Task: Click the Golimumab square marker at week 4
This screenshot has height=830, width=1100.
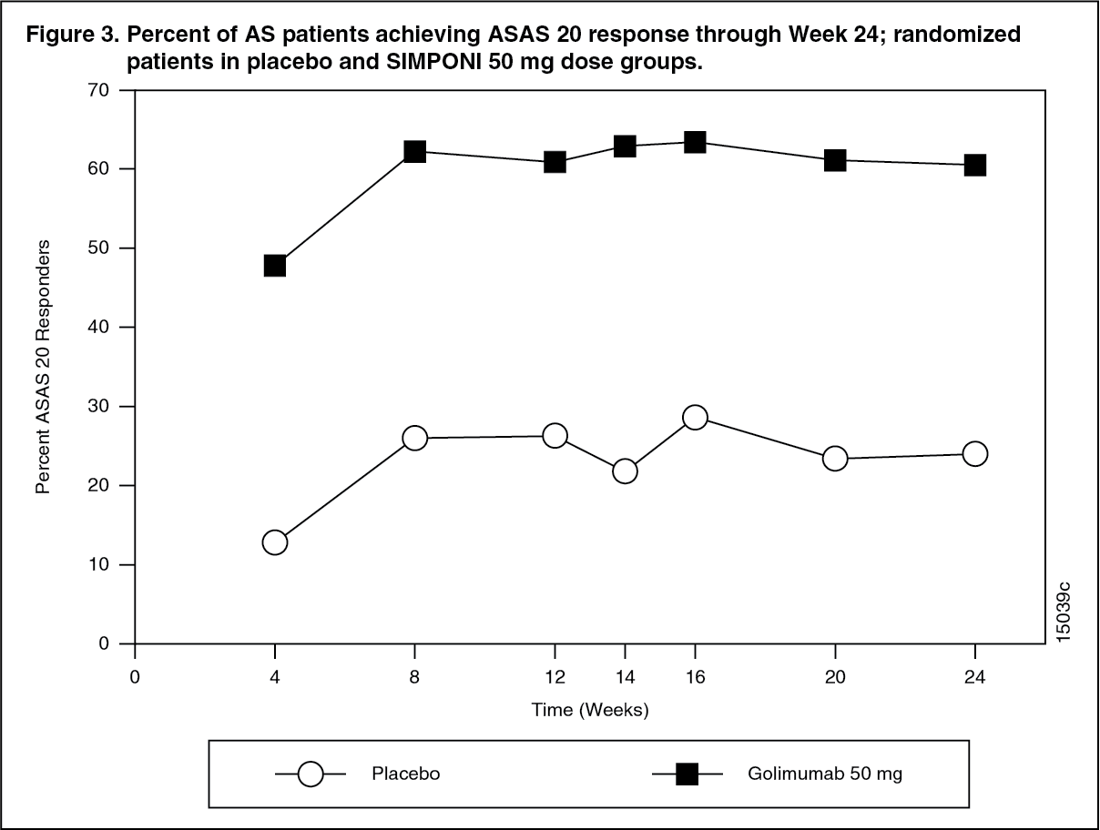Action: point(274,266)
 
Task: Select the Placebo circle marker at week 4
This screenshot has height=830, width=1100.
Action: point(274,542)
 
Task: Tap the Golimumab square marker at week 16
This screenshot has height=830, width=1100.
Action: point(695,142)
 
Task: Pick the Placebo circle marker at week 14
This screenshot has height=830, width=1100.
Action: point(625,471)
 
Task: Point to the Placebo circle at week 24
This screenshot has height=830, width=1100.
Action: point(975,453)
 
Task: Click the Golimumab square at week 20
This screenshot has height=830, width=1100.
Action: point(835,160)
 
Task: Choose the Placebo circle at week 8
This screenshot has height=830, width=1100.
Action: point(414,438)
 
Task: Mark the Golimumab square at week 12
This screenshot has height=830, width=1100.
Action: point(555,162)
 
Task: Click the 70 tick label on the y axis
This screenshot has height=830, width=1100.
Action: point(98,90)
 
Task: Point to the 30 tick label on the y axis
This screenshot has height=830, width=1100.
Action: point(98,407)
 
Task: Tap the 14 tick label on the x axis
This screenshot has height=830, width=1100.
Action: point(625,677)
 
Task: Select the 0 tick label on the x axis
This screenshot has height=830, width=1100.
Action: point(135,677)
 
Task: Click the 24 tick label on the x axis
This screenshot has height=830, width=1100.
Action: point(975,677)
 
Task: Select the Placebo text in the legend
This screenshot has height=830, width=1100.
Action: point(406,774)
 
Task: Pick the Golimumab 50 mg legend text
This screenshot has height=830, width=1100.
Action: point(826,774)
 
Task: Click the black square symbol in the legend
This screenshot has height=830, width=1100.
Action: point(687,774)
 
